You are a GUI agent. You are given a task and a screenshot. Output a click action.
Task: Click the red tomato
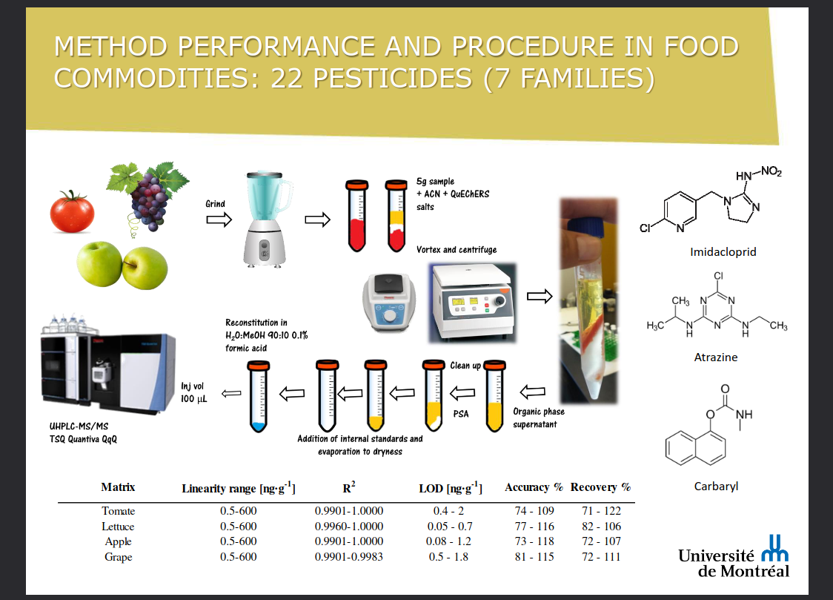pos(72,212)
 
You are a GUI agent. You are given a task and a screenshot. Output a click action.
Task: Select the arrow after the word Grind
pos(219,220)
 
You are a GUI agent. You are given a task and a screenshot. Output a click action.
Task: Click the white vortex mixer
pos(389,303)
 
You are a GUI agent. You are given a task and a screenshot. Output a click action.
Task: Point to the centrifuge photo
pos(472,303)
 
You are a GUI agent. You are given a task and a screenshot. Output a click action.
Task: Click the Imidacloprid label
pos(723,252)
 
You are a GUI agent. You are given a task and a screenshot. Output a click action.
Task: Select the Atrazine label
pos(716,357)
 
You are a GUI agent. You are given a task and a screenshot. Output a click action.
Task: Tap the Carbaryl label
pos(716,487)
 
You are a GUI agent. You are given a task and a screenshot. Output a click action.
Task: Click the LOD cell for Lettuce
pos(449,526)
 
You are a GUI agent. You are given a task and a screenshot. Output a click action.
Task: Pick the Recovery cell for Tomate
pos(601,511)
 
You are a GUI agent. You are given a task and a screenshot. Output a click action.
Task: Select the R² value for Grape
pos(348,556)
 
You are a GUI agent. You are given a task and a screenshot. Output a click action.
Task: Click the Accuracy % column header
pos(534,487)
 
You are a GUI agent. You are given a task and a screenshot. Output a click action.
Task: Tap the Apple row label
pos(118,541)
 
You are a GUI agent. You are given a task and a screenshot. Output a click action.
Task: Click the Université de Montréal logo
pos(734,557)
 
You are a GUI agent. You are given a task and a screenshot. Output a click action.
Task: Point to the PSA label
pos(460,414)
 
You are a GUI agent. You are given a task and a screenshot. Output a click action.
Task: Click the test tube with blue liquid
pos(259,396)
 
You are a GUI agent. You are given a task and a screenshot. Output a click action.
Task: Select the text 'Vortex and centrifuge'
pos(457,250)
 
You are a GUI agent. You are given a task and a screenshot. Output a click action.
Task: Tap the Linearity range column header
pos(239,488)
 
